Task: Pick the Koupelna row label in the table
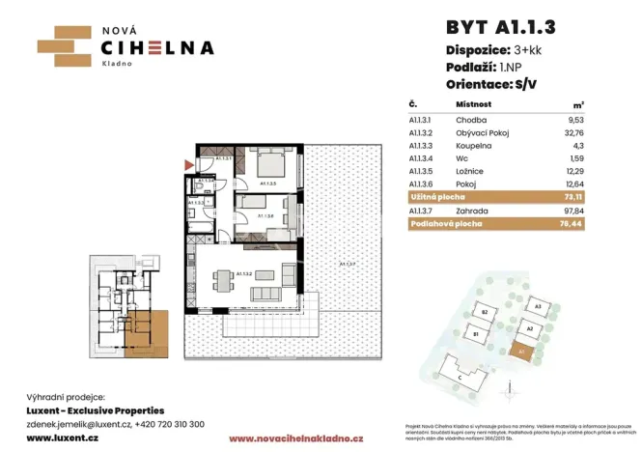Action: click(x=475, y=144)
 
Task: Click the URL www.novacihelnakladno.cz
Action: click(x=296, y=438)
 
